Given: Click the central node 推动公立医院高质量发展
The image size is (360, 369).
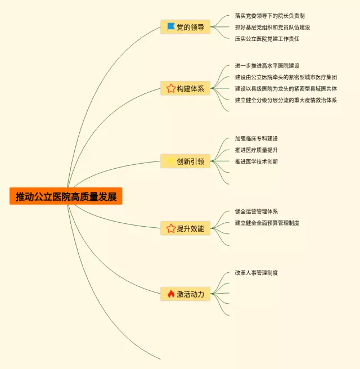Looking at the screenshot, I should pyautogui.click(x=66, y=196).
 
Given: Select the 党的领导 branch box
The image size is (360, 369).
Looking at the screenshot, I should pyautogui.click(x=186, y=27).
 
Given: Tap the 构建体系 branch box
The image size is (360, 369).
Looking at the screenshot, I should pyautogui.click(x=186, y=88).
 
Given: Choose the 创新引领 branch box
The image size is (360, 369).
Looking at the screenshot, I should pyautogui.click(x=186, y=161).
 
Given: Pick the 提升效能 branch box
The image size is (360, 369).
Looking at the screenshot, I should pyautogui.click(x=186, y=228).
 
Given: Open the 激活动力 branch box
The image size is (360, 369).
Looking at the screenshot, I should pyautogui.click(x=186, y=294).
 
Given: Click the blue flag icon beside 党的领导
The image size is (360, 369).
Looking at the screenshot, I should pyautogui.click(x=171, y=26).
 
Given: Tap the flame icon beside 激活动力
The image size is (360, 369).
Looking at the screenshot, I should pyautogui.click(x=171, y=294).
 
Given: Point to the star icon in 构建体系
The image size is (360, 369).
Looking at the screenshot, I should pyautogui.click(x=171, y=88).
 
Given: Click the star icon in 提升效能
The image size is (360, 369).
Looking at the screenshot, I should pyautogui.click(x=171, y=228).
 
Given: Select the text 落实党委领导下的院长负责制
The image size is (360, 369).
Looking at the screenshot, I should pyautogui.click(x=269, y=16).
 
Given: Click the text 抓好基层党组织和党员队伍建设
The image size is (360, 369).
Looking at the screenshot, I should pyautogui.click(x=272, y=27).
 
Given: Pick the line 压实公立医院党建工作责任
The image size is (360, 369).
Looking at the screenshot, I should pyautogui.click(x=267, y=39).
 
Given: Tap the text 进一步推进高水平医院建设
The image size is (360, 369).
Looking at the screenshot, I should pyautogui.click(x=267, y=66).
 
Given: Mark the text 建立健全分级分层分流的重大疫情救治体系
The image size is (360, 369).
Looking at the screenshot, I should pyautogui.click(x=286, y=100).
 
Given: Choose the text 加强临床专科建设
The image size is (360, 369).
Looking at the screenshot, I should pyautogui.click(x=256, y=138).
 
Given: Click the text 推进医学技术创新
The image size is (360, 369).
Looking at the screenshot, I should pyautogui.click(x=256, y=161).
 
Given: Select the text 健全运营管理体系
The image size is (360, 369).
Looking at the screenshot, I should pyautogui.click(x=256, y=211).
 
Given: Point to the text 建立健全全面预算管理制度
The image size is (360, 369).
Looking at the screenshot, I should pyautogui.click(x=267, y=223).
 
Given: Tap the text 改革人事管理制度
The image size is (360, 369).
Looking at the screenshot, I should pyautogui.click(x=256, y=273).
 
